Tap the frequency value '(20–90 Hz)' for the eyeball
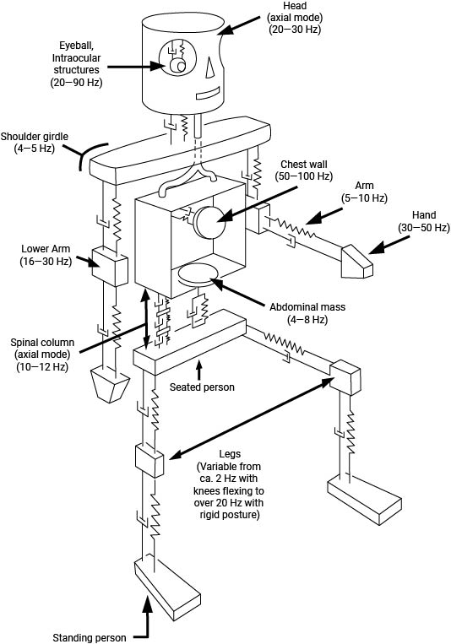(x=73, y=84)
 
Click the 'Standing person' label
(x=90, y=636)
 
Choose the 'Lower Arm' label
(x=43, y=250)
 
